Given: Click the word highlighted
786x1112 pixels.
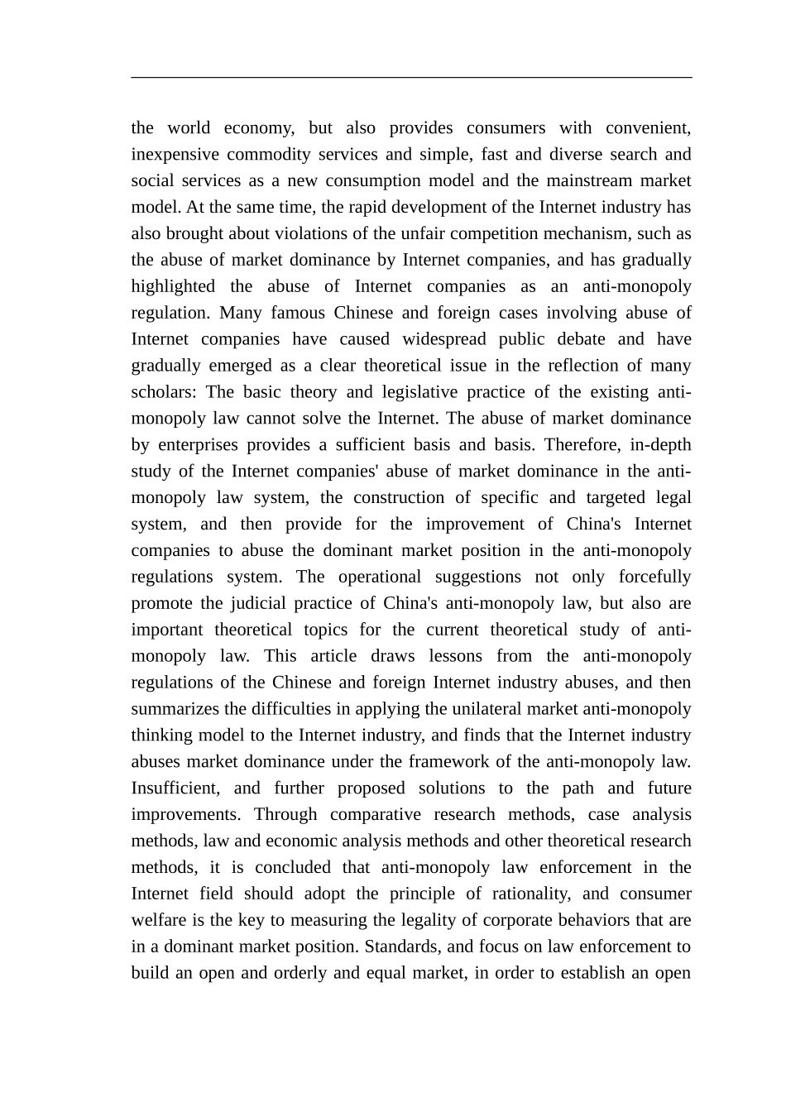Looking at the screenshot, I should click(173, 287).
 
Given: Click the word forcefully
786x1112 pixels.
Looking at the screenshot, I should click(654, 577).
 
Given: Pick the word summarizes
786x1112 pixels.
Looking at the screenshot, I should click(175, 709).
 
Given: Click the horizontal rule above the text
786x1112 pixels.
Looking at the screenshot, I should click(411, 78).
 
